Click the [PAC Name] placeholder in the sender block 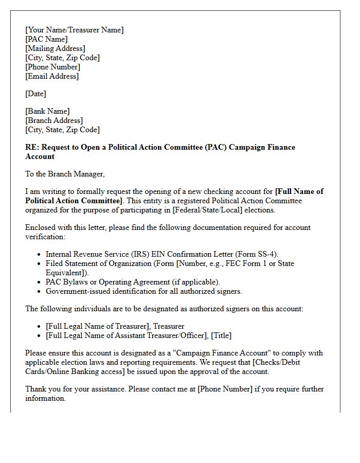coord(46,39)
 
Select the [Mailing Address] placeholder coord(55,48)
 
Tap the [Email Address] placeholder coord(52,76)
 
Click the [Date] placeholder coord(35,94)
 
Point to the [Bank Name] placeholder coord(47,111)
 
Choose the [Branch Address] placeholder coord(54,120)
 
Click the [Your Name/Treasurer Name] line coord(75,30)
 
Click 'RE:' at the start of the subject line coord(32,147)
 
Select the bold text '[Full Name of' coord(299,191)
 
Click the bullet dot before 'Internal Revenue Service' coord(40,254)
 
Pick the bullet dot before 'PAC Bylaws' coord(40,282)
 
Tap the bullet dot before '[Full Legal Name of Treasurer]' coord(40,326)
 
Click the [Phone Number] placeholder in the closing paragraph coord(227,389)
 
